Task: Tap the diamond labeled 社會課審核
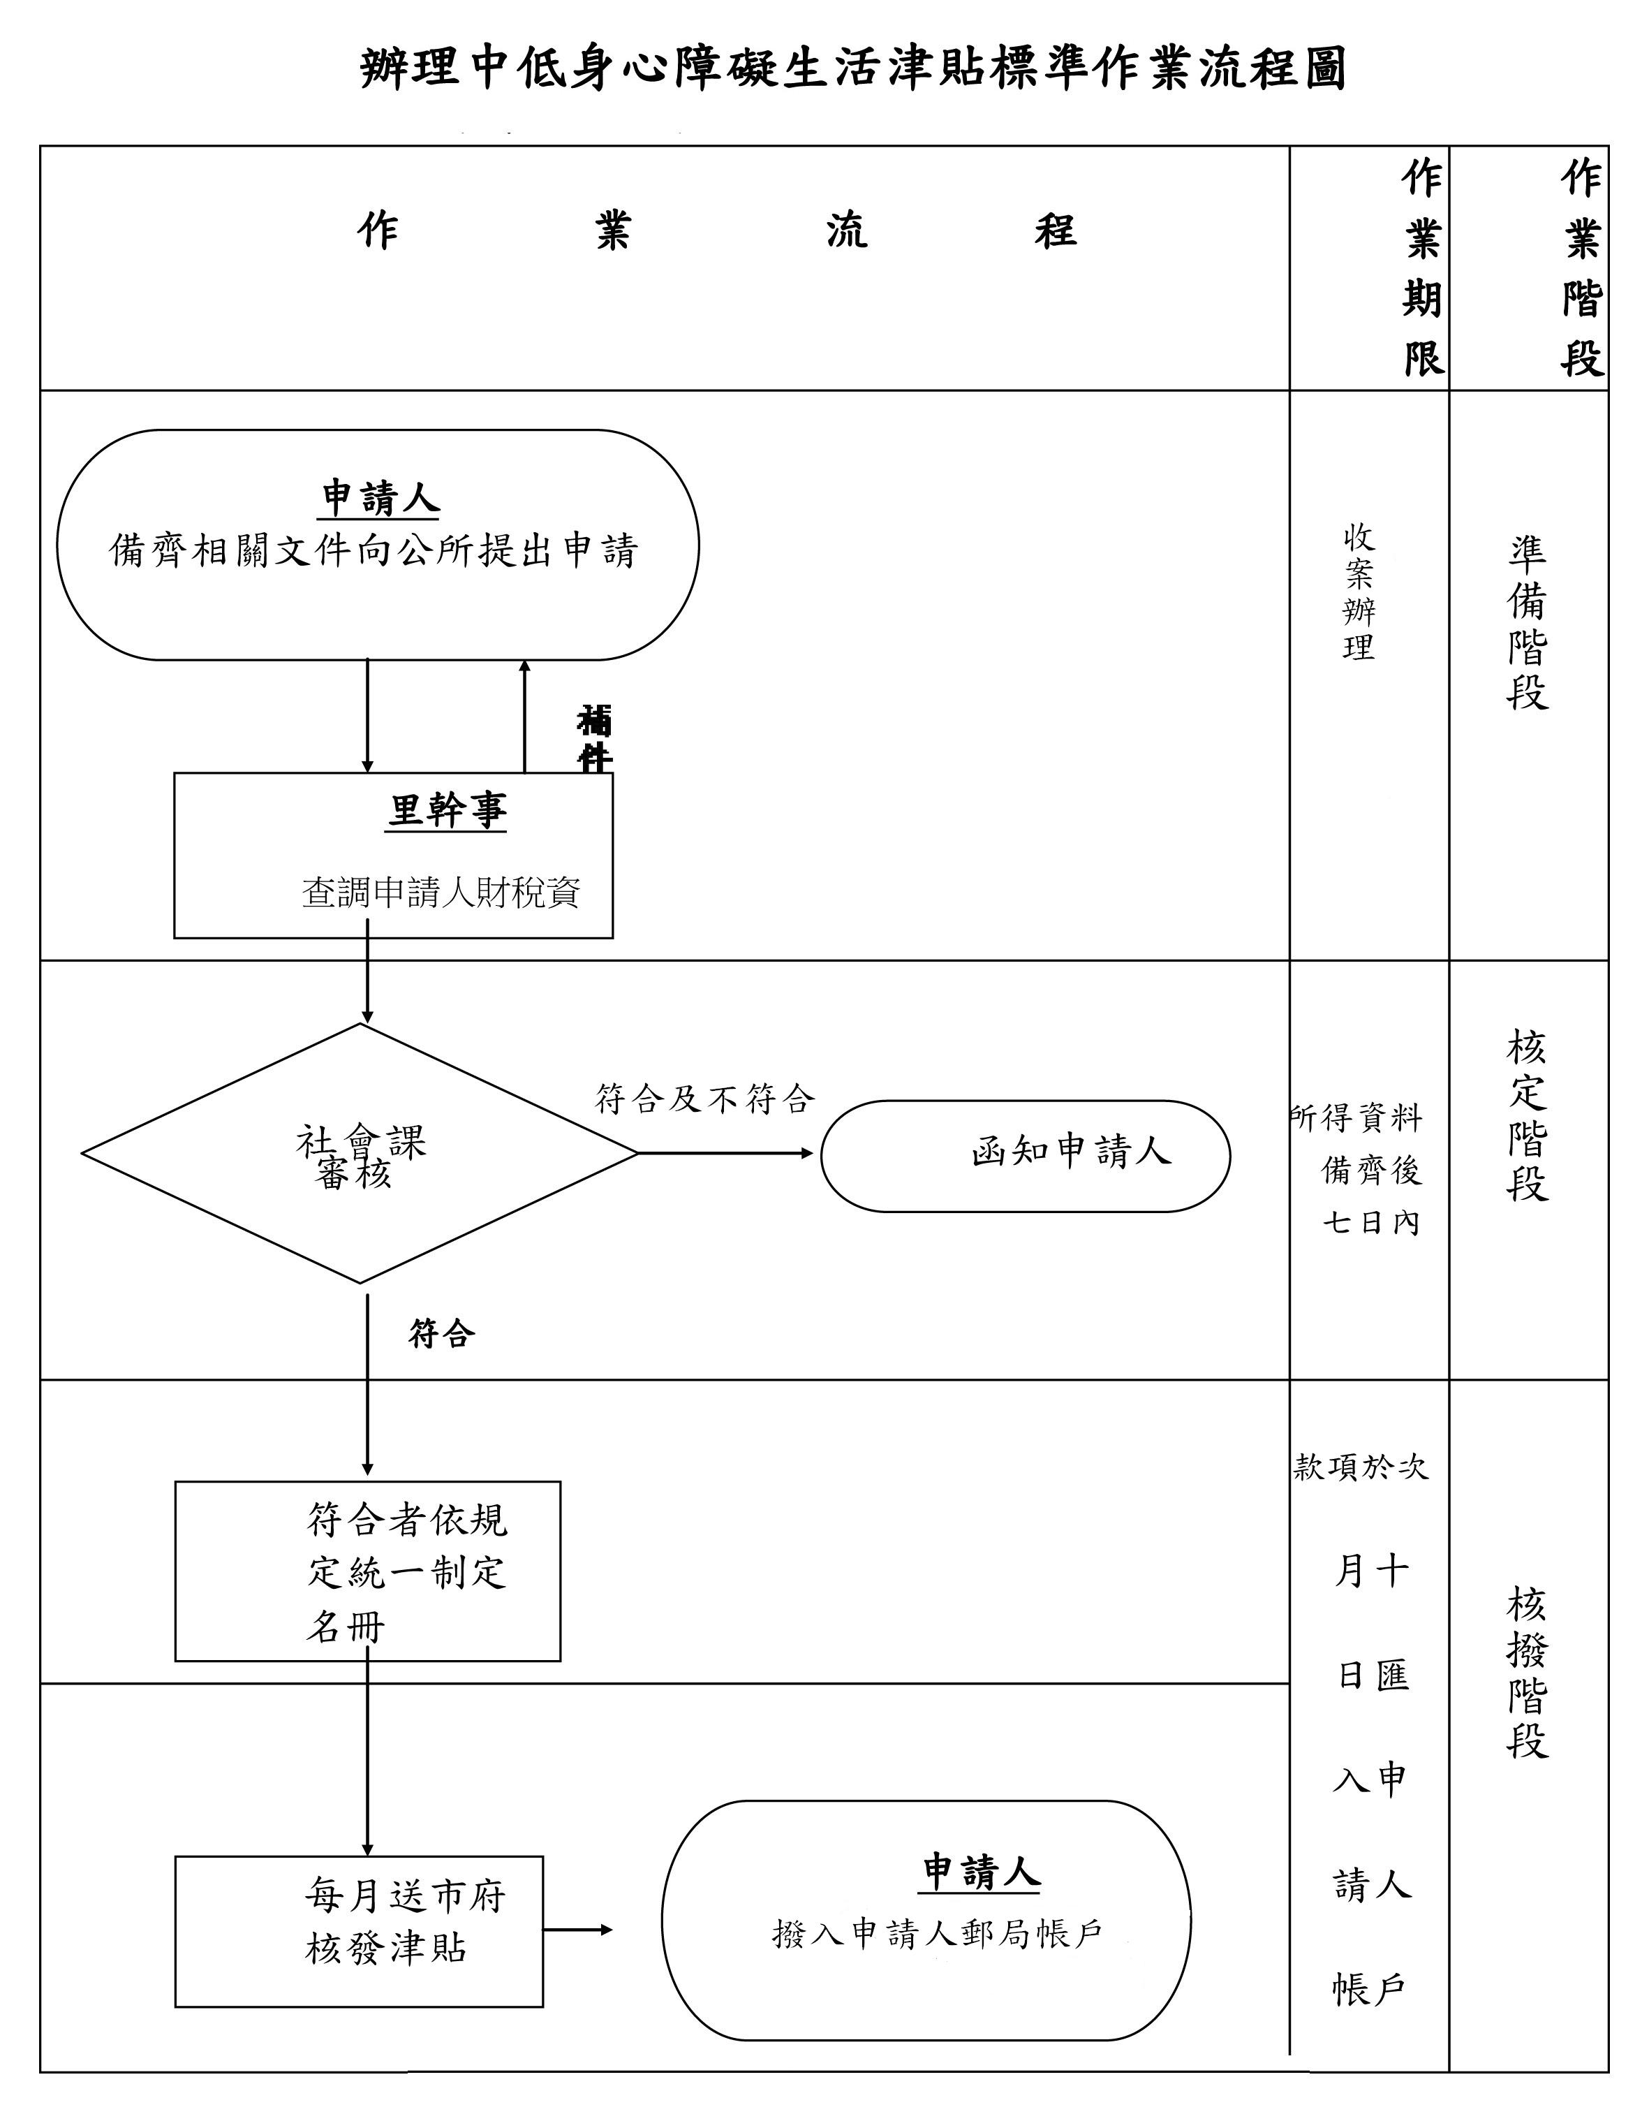(x=360, y=1154)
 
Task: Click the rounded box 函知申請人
(x=1026, y=1156)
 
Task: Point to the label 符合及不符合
(x=705, y=1099)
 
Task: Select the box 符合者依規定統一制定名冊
(x=368, y=1571)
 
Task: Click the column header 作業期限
(x=1422, y=268)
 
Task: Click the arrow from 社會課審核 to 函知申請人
(x=725, y=1154)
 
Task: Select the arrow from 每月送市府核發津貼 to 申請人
(x=577, y=1929)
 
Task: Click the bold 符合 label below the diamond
(x=441, y=1333)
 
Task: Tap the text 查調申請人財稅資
(x=441, y=892)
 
